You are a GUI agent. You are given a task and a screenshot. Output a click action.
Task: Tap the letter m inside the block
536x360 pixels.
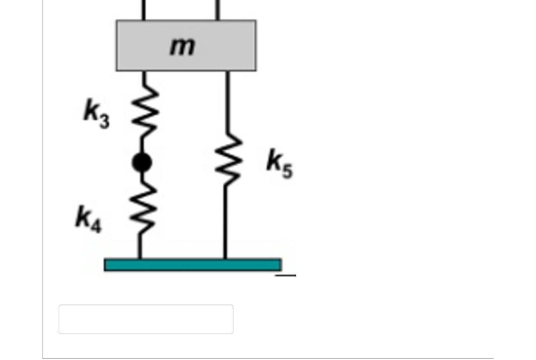182,46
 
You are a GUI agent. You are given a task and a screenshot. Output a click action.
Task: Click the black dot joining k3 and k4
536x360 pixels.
142,162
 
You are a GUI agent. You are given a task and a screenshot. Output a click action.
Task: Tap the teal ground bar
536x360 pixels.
193,265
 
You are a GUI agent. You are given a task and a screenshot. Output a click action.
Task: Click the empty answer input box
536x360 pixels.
146,319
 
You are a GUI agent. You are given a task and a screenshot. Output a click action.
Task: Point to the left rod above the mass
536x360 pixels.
143,9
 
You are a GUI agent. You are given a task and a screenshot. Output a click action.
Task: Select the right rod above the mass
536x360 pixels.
217,9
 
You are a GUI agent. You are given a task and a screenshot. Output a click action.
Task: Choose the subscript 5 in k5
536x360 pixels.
287,171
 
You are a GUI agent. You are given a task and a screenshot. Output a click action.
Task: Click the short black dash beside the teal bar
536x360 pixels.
286,275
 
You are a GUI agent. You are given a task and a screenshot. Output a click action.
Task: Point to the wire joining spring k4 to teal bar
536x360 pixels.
139,244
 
